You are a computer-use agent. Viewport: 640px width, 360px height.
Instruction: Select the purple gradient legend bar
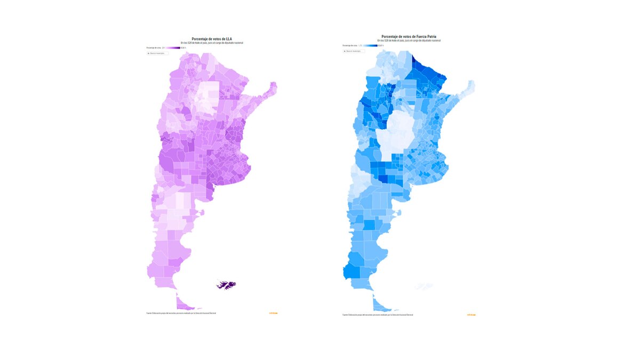coord(173,48)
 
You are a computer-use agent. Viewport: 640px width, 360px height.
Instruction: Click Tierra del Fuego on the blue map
coord(381,305)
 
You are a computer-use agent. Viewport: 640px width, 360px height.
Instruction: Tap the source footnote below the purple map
coord(181,313)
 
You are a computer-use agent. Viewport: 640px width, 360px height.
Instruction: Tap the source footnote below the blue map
coord(378,315)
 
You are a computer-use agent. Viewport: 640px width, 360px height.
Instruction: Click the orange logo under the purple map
coord(273,313)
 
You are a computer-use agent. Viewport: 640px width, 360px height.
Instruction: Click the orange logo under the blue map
coord(471,315)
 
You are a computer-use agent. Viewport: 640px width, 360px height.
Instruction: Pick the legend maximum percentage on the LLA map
coord(183,48)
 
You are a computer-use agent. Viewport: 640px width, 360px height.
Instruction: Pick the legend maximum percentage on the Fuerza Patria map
coord(380,46)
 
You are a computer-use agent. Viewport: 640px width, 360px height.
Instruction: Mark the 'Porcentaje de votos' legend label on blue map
coord(349,46)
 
